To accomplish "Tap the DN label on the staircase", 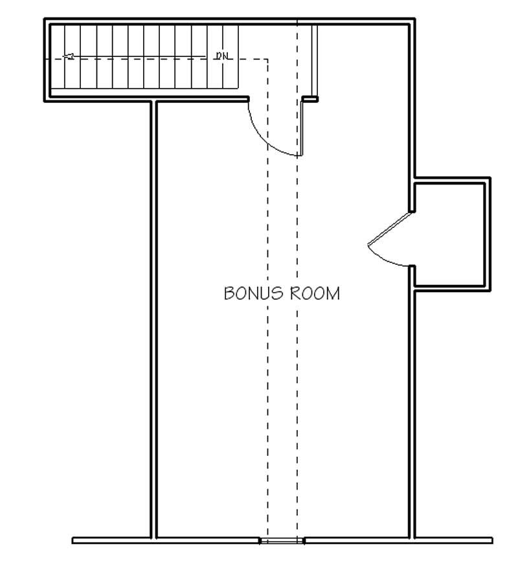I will [223, 56].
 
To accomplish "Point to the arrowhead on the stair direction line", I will [69, 57].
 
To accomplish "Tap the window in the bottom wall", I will [282, 540].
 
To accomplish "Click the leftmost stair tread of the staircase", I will [58, 58].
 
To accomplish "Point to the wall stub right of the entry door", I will [311, 99].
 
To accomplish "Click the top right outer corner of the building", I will [414, 19].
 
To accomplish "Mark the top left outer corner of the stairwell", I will [45, 19].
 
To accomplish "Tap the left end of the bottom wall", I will [73, 540].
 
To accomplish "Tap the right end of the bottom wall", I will [491, 540].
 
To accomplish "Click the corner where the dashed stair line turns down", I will [267, 59].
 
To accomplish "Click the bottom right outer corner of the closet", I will [490, 290].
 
